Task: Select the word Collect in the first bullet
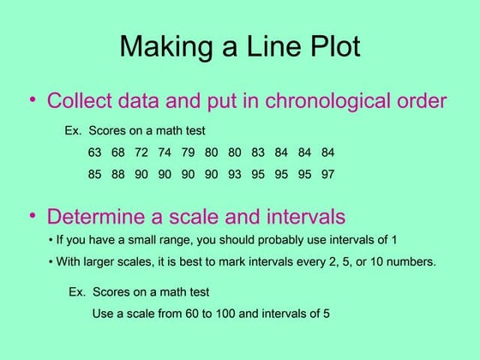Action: pos(78,101)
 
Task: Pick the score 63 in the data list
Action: pos(94,153)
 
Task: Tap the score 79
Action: pos(188,153)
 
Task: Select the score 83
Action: pos(258,153)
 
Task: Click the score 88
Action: pos(117,174)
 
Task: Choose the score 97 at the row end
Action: pos(327,174)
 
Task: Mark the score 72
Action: pos(141,153)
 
